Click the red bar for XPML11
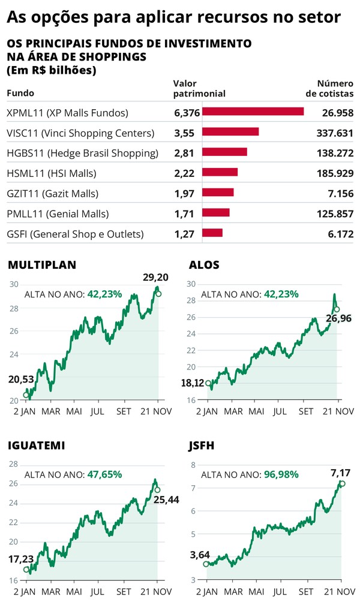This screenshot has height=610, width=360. [253, 112]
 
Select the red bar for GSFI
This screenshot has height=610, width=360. [212, 233]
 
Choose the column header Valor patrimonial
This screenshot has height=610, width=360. [199, 89]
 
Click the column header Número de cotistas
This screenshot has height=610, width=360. [330, 89]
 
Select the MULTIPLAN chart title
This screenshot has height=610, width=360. [41, 265]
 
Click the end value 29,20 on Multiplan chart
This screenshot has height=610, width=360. [155, 277]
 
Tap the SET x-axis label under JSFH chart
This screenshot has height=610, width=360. [306, 591]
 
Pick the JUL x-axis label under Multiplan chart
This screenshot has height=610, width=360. [98, 411]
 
